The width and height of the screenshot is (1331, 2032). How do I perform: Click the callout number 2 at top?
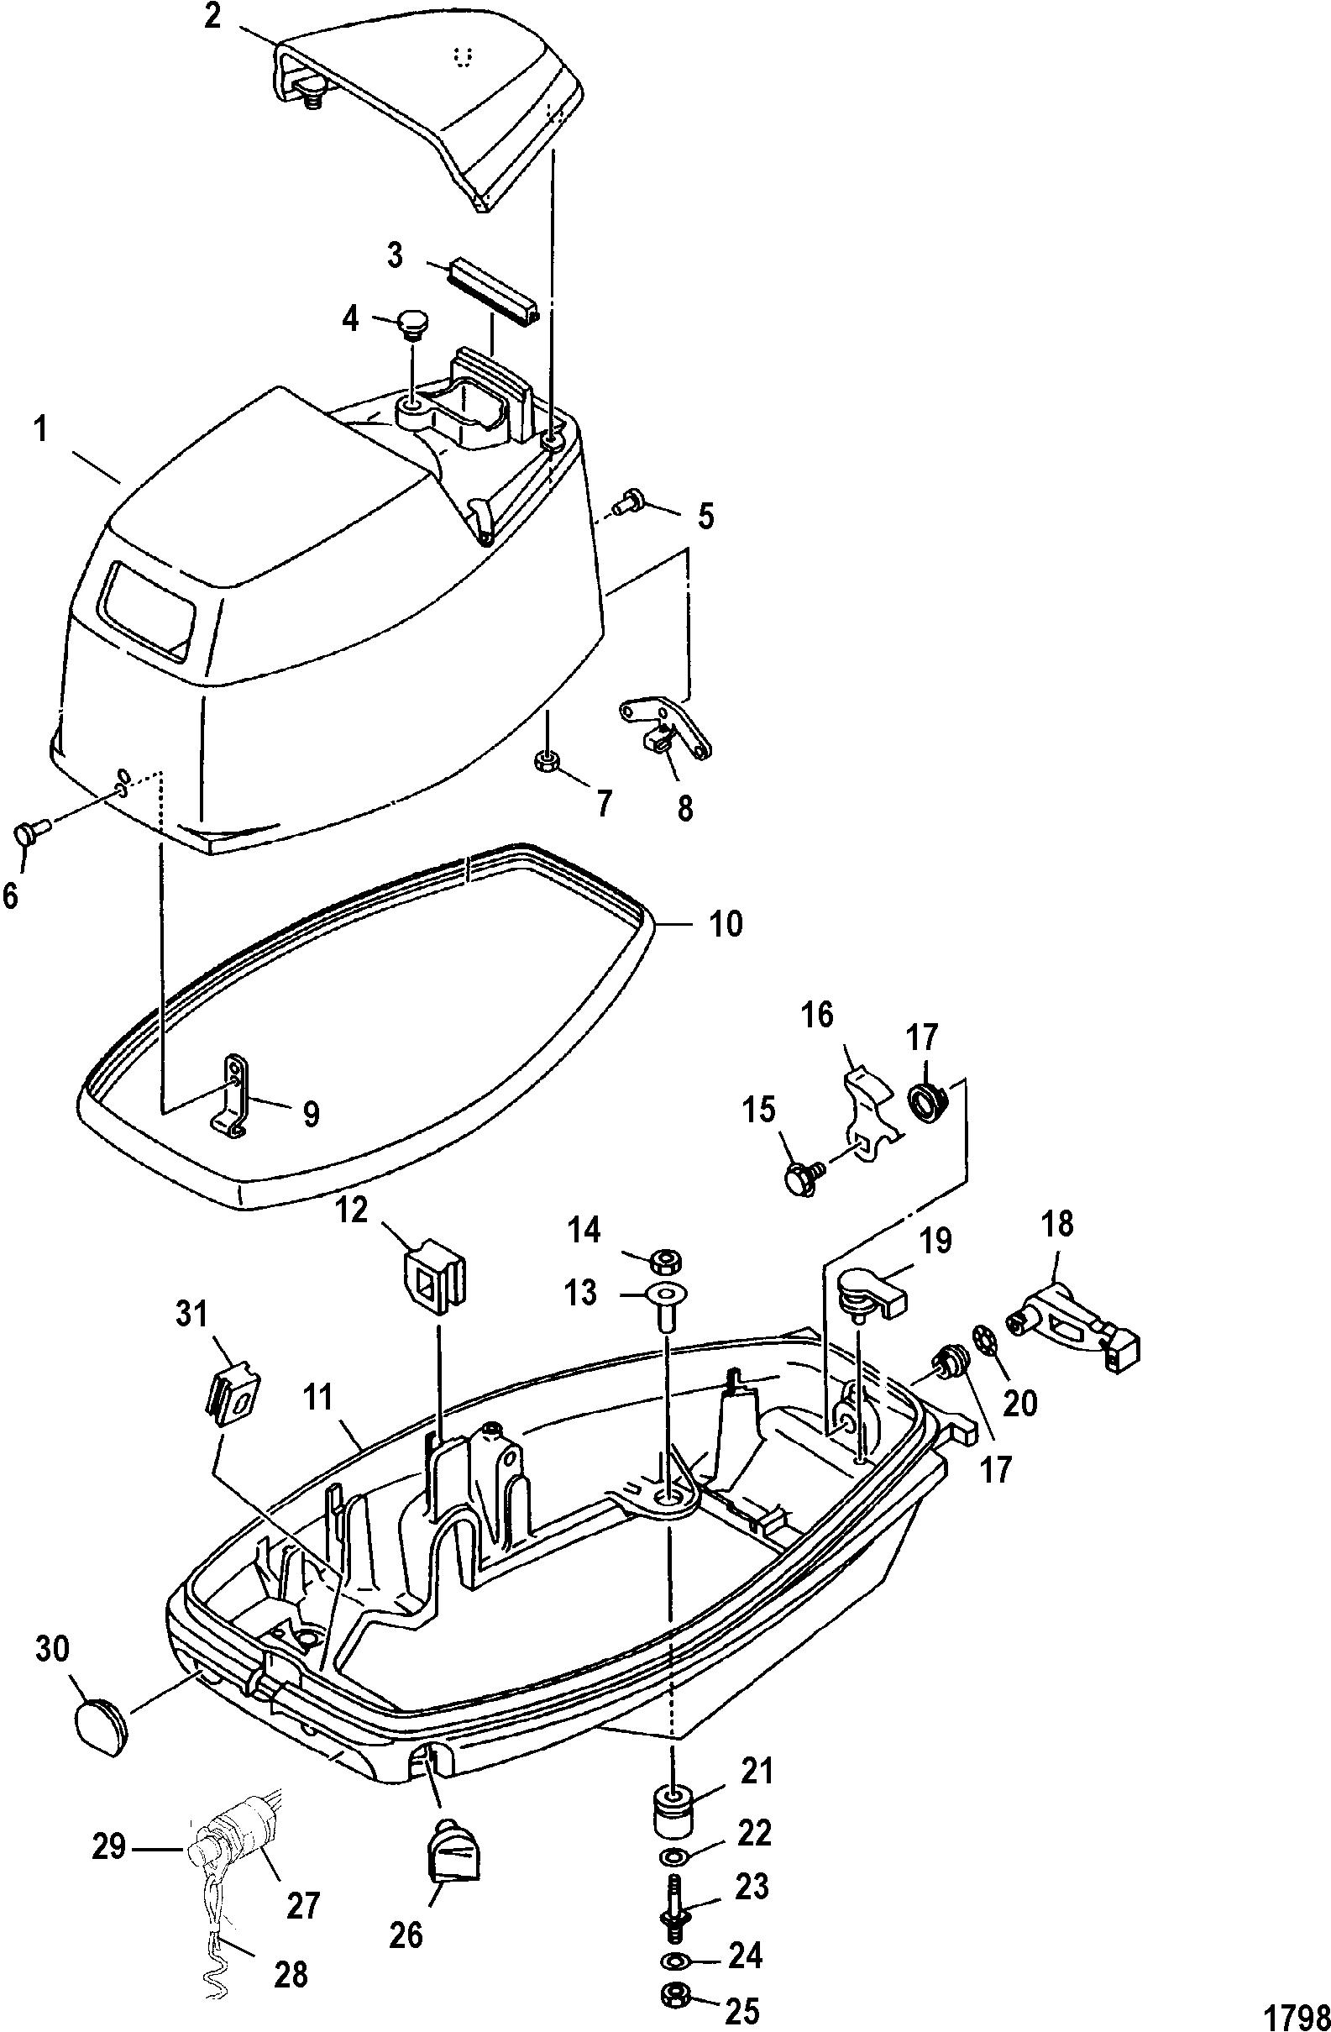[212, 17]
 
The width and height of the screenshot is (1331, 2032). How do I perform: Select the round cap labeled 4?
[412, 325]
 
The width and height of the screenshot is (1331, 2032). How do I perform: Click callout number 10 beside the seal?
[724, 924]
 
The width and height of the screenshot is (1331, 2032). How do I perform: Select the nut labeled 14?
[664, 1259]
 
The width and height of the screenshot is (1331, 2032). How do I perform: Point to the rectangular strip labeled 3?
[491, 295]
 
